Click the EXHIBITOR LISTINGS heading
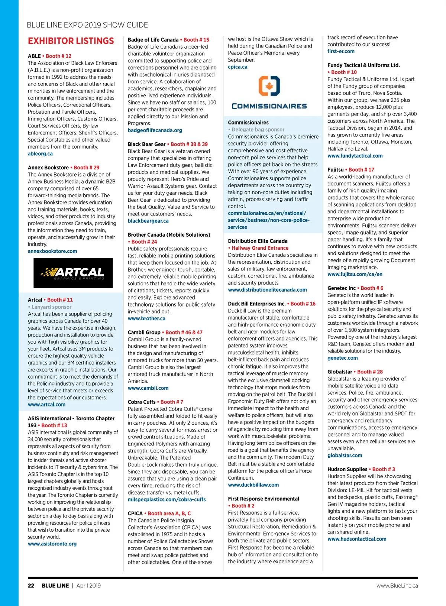pos(71,41)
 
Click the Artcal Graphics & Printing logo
pos(73,273)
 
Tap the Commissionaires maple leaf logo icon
pos(269,86)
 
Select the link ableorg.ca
pos(40,154)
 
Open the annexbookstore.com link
pos(52,251)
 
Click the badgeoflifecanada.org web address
pos(155,130)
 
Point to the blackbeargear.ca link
pos(148,221)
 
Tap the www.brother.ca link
pos(147,318)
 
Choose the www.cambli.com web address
pos(148,388)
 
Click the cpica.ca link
pos(238,67)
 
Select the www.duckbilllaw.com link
pos(253,485)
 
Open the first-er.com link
pos(341,51)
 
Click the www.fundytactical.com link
pos(355,156)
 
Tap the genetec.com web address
pos(343,358)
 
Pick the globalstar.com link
pos(345,456)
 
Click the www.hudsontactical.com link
pos(357,539)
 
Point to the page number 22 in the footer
pos(31,586)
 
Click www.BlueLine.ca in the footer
pos(397,586)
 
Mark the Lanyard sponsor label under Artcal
pos(51,307)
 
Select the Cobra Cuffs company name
pos(142,402)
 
